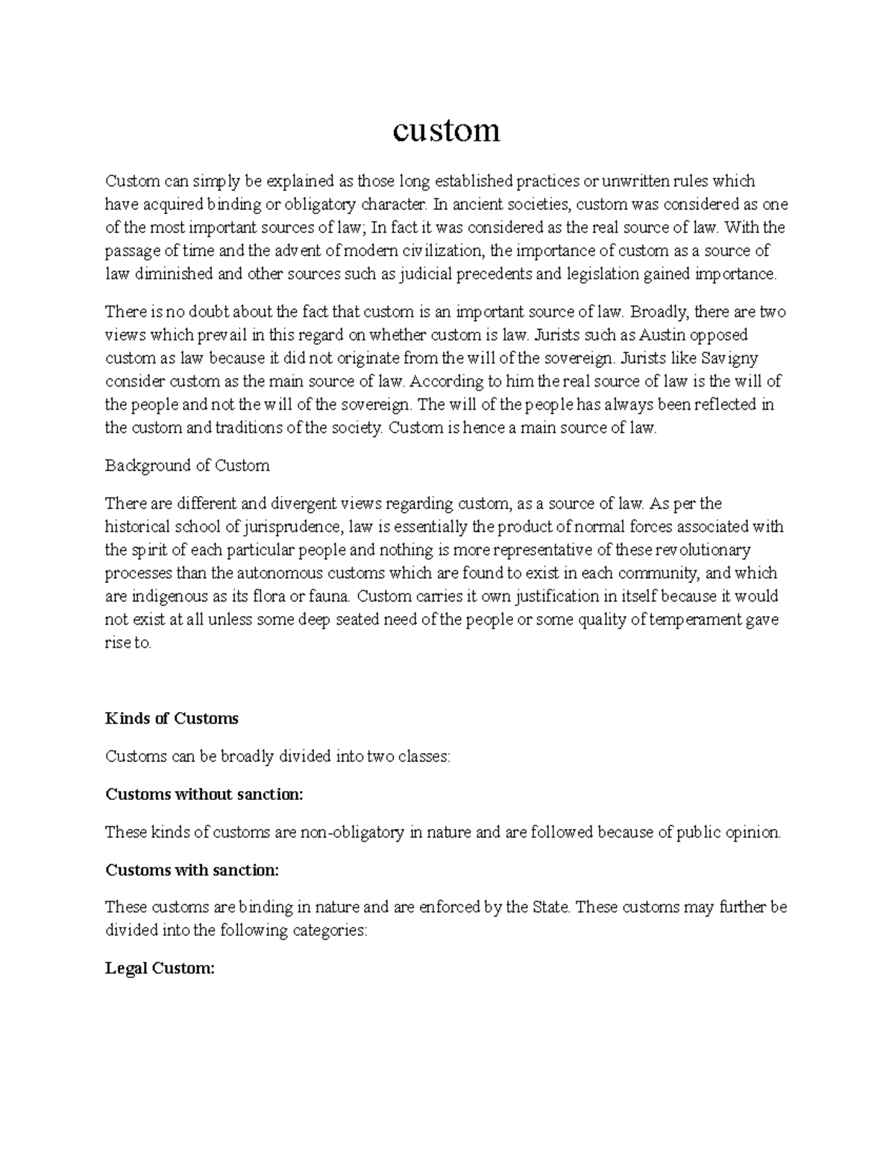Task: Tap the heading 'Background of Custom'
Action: click(187, 466)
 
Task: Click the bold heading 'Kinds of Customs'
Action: click(172, 719)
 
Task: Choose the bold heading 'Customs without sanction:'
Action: click(204, 794)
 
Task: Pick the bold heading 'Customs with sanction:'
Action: click(192, 869)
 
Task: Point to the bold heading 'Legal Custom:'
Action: click(160, 969)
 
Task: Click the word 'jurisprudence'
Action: click(291, 527)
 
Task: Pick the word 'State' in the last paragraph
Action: click(552, 907)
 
